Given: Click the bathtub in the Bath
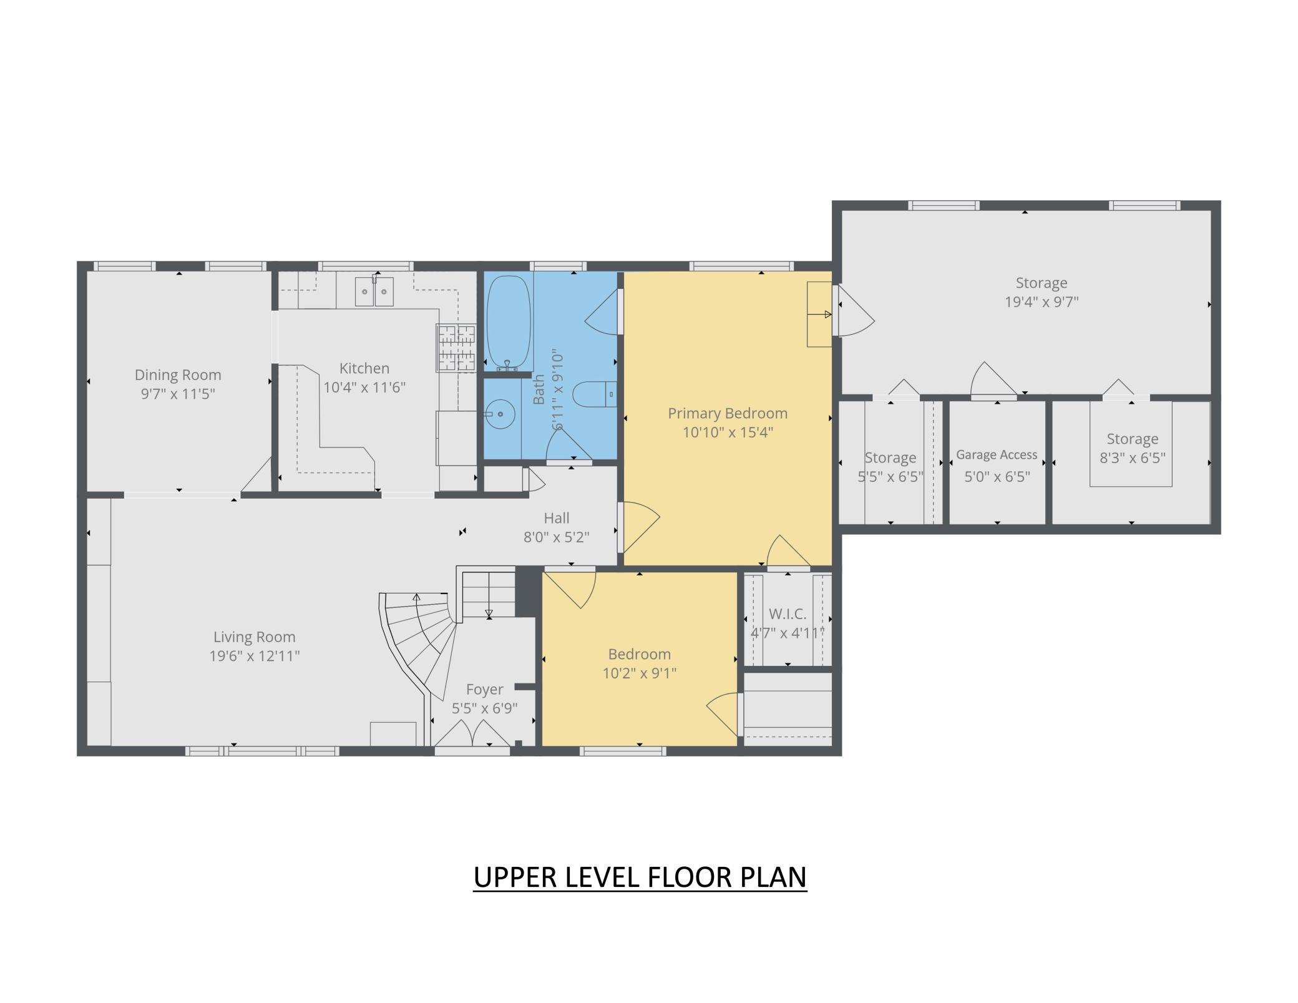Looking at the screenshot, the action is tap(509, 322).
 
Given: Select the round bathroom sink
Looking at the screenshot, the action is tap(500, 414).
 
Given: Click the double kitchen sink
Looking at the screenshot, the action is tap(374, 291).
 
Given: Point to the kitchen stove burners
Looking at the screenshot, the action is tap(456, 348).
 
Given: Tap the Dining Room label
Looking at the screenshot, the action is tap(178, 375).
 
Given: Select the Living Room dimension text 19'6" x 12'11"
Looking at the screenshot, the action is tap(255, 656).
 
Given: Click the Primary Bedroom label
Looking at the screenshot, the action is tap(728, 413).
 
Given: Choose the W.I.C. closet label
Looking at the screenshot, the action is tap(788, 614).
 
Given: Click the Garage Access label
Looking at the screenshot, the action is tap(997, 455).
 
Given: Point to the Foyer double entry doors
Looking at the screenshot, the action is tap(472, 734).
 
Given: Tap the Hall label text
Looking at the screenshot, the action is tap(557, 518).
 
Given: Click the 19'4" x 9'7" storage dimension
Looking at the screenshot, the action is tap(1042, 302).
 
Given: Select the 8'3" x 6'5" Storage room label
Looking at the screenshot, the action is tap(1133, 439).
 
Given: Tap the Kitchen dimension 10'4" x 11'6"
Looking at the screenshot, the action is tap(364, 387).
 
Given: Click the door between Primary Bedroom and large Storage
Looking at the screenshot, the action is tap(853, 311).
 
